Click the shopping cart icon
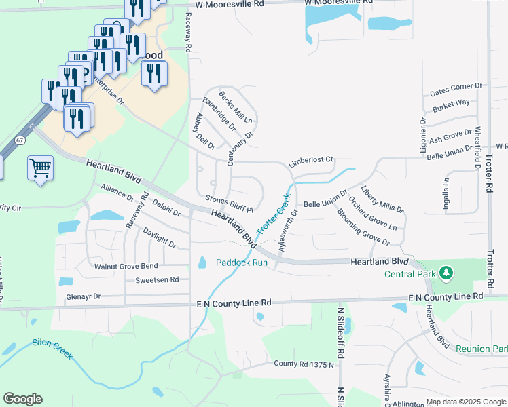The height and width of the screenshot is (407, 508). pyautogui.click(x=40, y=167)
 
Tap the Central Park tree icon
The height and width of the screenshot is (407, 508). pyautogui.click(x=446, y=273)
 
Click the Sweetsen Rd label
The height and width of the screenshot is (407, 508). pyautogui.click(x=157, y=279)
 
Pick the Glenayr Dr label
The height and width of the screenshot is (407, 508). pyautogui.click(x=84, y=296)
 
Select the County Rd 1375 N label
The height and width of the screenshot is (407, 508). pyautogui.click(x=305, y=364)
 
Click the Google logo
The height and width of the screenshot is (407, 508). pyautogui.click(x=23, y=399)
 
